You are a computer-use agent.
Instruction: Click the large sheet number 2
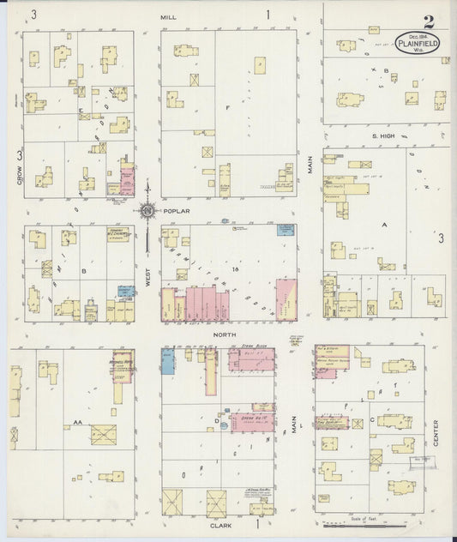coord(428,22)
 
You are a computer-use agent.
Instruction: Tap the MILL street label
coord(167,15)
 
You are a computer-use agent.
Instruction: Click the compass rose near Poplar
coord(147,209)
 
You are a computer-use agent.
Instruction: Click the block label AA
coord(77,422)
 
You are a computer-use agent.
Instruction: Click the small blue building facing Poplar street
coord(284,229)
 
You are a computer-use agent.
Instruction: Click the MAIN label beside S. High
coord(310,163)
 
